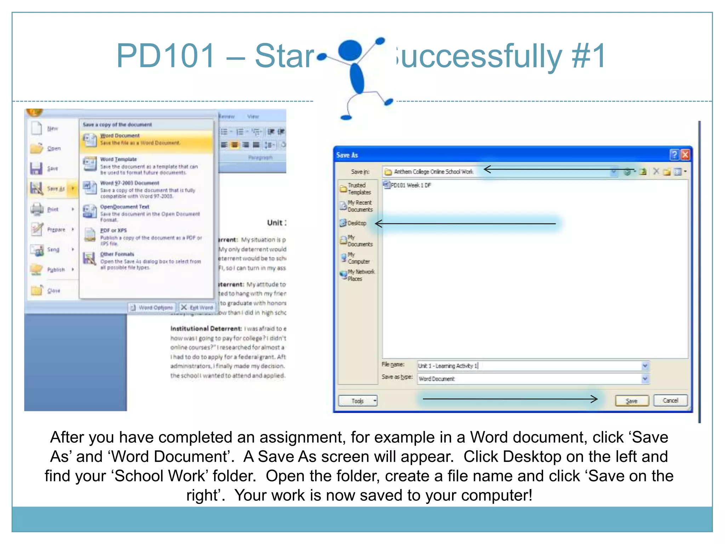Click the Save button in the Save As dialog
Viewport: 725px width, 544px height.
tap(632, 401)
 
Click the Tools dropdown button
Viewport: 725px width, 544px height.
tap(358, 401)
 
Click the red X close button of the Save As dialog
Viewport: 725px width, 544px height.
tap(685, 155)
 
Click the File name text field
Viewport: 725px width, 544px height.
tap(529, 366)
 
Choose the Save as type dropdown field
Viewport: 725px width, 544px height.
tap(533, 379)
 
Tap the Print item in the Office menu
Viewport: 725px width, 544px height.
tap(52, 209)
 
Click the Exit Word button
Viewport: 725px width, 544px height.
tap(197, 307)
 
